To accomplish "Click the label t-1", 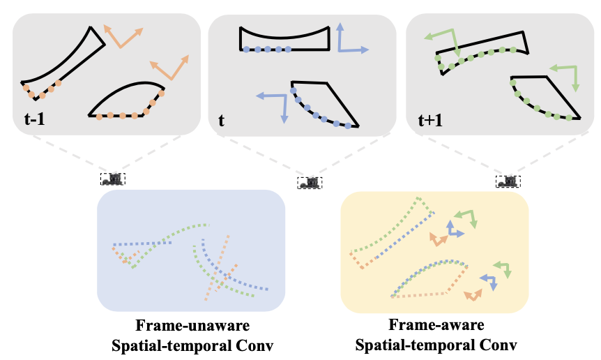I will [36, 120].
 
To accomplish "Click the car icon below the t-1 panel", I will [112, 179].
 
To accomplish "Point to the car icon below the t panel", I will [310, 183].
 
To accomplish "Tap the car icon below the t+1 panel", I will [508, 181].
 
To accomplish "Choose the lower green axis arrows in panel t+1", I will [567, 75].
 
